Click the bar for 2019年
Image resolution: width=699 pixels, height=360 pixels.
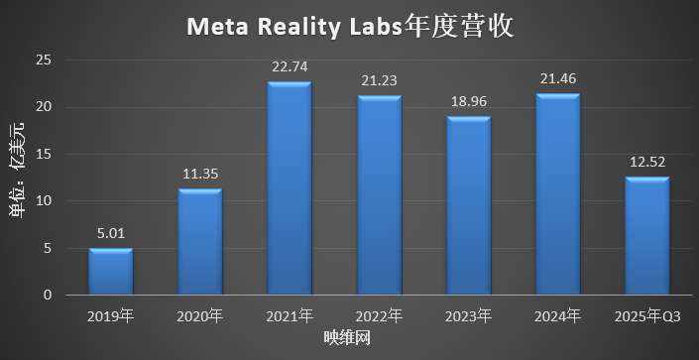tap(110, 272)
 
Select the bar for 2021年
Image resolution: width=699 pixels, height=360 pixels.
tap(290, 188)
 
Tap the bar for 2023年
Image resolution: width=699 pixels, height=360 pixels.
tap(468, 206)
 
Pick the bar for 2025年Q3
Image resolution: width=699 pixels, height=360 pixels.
tap(646, 236)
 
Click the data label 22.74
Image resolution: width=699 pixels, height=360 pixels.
tap(290, 67)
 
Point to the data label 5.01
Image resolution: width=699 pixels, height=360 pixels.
tap(110, 235)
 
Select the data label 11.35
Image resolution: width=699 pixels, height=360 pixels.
tap(199, 175)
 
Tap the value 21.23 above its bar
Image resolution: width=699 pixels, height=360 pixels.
tap(379, 82)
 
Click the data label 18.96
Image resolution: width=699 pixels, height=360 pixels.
tap(468, 103)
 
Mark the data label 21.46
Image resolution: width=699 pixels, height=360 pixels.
tap(557, 80)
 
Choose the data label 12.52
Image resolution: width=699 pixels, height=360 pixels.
tap(646, 164)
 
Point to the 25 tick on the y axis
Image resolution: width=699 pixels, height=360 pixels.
tap(43, 60)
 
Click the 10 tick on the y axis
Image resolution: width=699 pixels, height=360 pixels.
tap(43, 201)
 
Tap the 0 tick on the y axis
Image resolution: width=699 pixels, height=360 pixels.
tap(47, 296)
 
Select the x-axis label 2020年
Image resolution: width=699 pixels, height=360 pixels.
tap(199, 316)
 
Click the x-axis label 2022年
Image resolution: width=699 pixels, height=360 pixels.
tap(379, 316)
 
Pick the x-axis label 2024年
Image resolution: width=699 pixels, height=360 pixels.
tap(557, 316)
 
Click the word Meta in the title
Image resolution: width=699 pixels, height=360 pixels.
tap(215, 27)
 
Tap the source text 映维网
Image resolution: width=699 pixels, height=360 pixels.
tap(348, 339)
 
